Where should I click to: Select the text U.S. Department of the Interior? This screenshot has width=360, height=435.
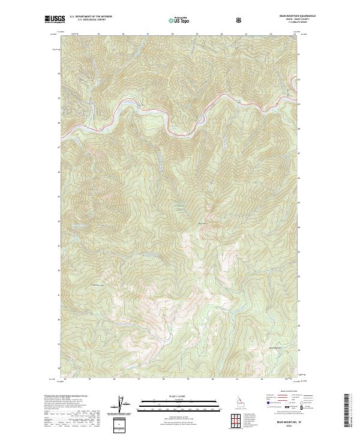[x=91, y=17]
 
